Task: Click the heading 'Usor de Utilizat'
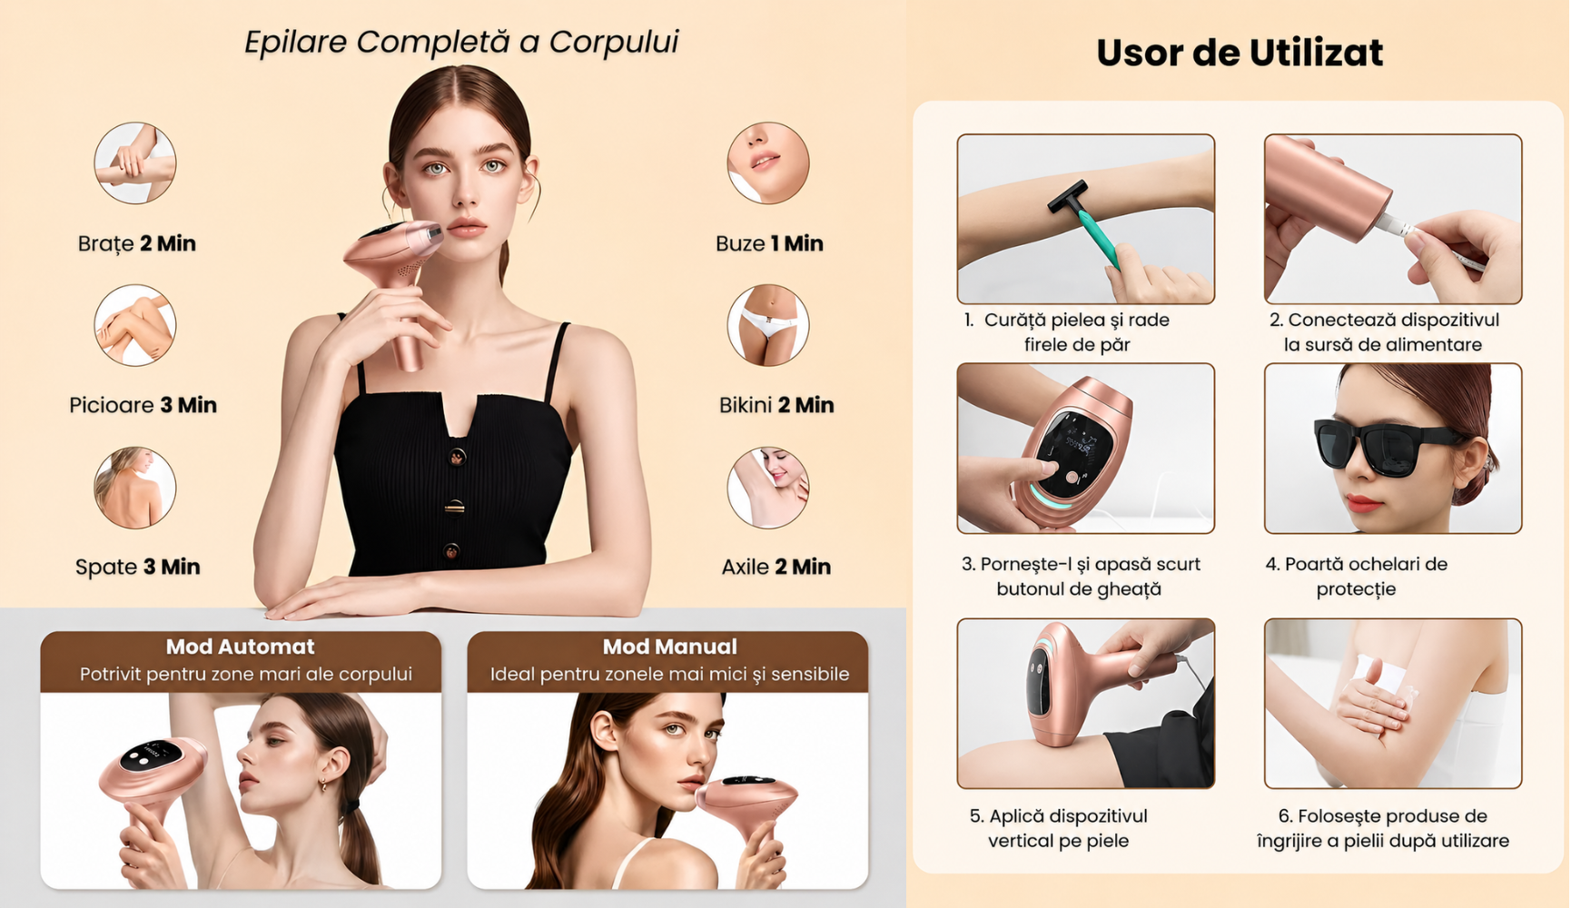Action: pos(1240,53)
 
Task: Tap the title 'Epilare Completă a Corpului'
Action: pos(461,42)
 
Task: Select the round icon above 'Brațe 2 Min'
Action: pos(135,163)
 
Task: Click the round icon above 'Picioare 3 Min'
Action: pos(135,325)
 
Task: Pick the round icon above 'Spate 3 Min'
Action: pos(135,488)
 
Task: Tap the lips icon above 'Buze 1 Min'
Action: pos(768,163)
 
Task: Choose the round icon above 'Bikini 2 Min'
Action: pos(768,325)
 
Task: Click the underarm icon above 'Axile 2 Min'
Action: pos(768,488)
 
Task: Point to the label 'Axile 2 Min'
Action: pos(776,567)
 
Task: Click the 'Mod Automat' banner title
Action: pos(241,646)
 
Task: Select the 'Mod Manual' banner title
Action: pos(670,646)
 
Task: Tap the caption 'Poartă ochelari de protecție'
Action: pos(1357,577)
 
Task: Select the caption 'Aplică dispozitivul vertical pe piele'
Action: pos(1059,828)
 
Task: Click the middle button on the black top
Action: pos(454,507)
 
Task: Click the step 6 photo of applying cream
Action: pos(1393,704)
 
